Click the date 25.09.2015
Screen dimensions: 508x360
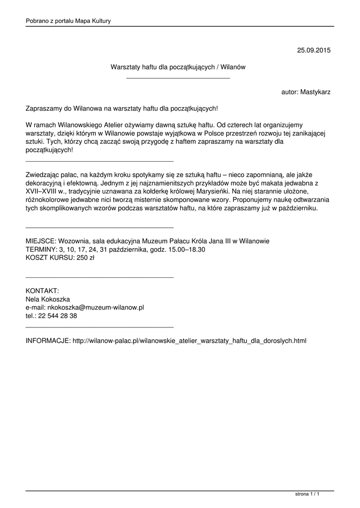point(314,50)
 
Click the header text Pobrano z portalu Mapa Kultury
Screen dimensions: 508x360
point(68,21)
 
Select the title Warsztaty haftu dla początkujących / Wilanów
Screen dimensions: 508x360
point(178,66)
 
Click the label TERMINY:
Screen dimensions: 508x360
point(42,250)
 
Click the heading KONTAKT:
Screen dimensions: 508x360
point(43,291)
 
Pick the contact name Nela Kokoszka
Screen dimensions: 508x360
point(48,299)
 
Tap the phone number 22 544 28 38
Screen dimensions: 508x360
point(59,316)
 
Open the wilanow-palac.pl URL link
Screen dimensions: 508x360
point(190,341)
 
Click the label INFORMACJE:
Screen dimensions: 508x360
point(48,341)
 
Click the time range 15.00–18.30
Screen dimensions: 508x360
point(184,250)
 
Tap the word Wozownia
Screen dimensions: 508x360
point(74,241)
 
